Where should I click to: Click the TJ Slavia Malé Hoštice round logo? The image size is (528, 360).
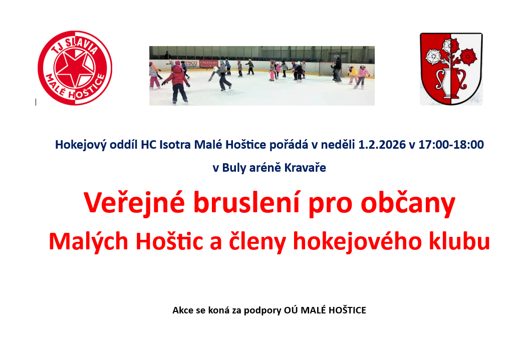click(75, 68)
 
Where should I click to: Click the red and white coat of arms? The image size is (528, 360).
click(451, 69)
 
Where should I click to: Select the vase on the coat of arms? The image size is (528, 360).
click(451, 84)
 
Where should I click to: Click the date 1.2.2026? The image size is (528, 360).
click(382, 145)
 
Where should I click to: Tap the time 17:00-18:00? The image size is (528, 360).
click(451, 145)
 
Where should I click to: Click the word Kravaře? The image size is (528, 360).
click(305, 168)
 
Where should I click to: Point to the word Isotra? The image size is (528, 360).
click(175, 145)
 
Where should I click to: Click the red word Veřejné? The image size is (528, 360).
click(134, 203)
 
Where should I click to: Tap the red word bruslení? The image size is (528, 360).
click(246, 203)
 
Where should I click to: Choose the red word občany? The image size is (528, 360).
click(408, 203)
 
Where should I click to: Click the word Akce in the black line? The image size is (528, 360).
click(183, 310)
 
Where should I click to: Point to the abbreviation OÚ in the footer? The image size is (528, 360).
click(291, 310)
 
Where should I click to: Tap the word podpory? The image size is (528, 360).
click(262, 310)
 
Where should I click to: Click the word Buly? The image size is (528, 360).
click(234, 168)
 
